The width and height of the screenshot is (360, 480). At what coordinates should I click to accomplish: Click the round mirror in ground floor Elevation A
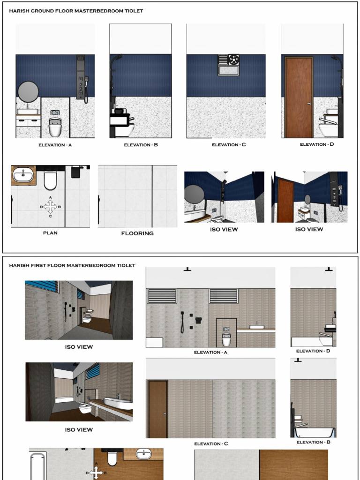click(28, 91)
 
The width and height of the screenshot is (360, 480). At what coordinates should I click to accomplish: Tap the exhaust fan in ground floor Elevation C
click(233, 60)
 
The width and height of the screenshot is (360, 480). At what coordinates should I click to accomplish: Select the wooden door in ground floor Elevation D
click(299, 97)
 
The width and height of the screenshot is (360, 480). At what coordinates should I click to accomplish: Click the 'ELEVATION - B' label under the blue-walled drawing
click(141, 145)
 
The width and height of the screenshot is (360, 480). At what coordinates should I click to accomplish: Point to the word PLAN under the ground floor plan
click(50, 233)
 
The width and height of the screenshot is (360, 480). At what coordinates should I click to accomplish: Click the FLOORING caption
click(137, 233)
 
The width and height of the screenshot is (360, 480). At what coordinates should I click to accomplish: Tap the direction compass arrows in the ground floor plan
click(50, 206)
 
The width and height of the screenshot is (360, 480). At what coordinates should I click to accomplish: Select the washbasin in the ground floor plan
click(23, 175)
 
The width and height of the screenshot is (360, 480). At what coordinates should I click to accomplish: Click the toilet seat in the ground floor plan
click(50, 180)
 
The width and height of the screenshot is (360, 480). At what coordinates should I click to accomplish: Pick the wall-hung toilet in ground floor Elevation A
click(55, 127)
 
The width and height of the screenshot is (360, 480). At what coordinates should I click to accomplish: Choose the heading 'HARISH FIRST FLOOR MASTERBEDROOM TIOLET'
click(72, 265)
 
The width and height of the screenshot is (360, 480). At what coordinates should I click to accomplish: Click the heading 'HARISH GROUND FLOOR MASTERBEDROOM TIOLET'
click(76, 11)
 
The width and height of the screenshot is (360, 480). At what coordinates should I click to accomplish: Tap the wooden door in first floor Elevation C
click(157, 409)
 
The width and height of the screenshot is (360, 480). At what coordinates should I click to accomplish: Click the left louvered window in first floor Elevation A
click(162, 296)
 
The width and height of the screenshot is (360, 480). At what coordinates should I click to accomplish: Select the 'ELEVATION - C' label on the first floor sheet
click(211, 443)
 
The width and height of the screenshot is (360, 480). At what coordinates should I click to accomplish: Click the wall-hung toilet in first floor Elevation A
click(226, 338)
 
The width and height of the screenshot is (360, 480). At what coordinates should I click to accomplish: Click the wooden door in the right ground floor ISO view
click(285, 201)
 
